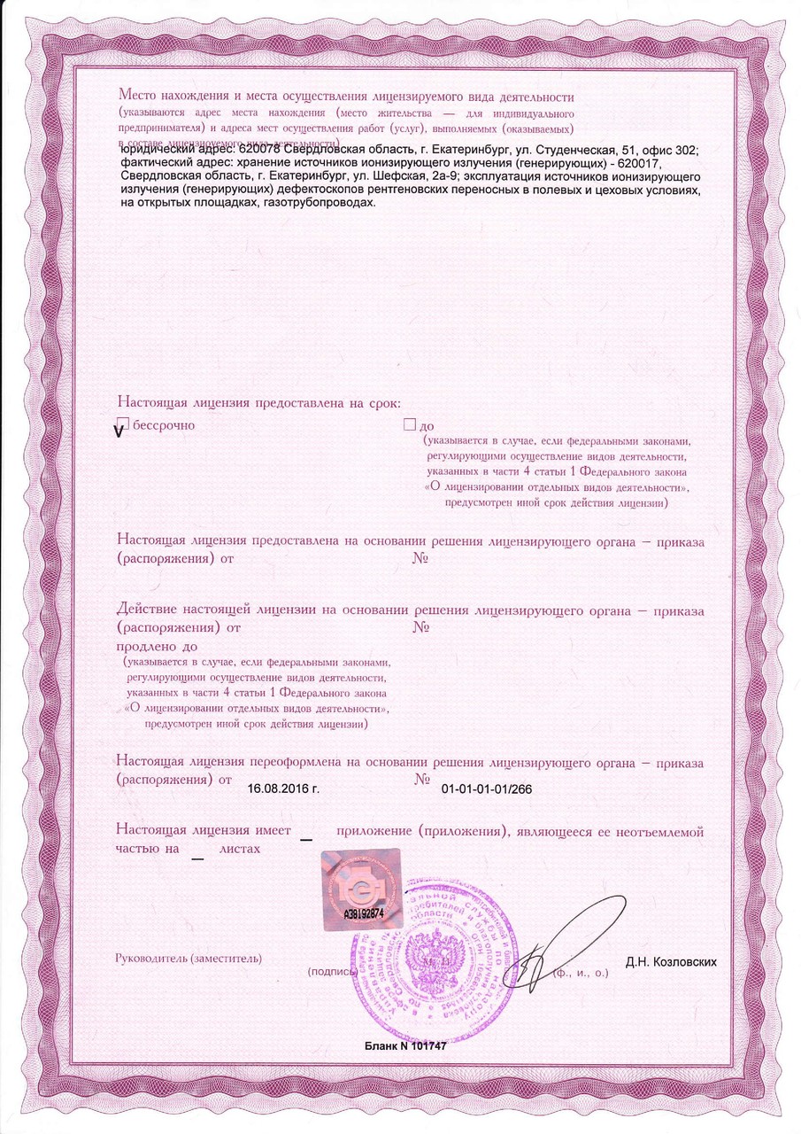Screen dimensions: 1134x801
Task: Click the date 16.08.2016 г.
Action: pyautogui.click(x=283, y=788)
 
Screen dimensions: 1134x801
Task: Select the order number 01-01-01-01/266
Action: pyautogui.click(x=492, y=788)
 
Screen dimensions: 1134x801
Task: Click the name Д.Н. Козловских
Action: pyautogui.click(x=670, y=961)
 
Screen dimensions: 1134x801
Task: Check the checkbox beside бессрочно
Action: pyautogui.click(x=123, y=425)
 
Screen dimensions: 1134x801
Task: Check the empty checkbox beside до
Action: pyautogui.click(x=409, y=425)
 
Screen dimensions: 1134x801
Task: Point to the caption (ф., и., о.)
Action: pyautogui.click(x=580, y=973)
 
